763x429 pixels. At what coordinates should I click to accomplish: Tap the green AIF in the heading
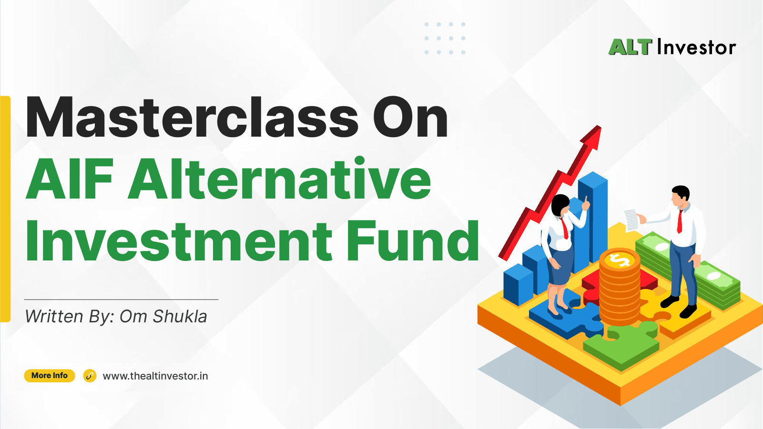(70, 179)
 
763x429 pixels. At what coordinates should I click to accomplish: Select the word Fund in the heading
(412, 240)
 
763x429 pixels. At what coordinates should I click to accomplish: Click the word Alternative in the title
(279, 179)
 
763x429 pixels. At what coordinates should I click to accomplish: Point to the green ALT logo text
(630, 47)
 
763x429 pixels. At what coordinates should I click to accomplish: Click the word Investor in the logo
(697, 47)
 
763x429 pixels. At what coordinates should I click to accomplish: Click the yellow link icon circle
(90, 376)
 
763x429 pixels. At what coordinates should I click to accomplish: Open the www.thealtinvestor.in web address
(155, 376)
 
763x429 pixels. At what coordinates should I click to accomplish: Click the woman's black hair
(560, 204)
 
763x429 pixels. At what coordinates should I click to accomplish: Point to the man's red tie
(680, 221)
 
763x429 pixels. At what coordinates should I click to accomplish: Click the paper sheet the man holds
(631, 220)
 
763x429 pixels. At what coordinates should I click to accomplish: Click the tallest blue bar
(593, 218)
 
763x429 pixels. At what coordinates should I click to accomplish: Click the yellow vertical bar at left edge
(5, 209)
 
